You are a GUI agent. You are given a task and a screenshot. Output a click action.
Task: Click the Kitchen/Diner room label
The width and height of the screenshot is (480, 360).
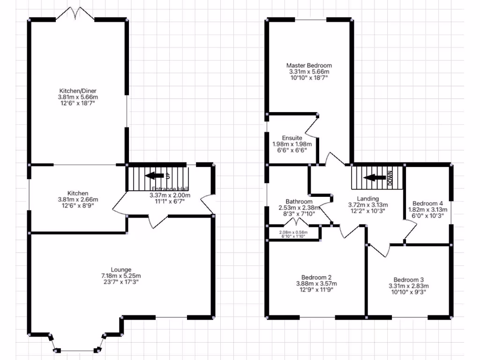coord(78,90)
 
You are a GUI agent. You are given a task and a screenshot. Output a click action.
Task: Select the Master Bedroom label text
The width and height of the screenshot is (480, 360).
coord(309,66)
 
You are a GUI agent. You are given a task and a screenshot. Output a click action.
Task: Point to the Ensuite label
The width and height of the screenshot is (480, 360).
coord(292,138)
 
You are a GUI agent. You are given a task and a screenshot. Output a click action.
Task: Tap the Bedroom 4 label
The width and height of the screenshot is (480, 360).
coord(428,203)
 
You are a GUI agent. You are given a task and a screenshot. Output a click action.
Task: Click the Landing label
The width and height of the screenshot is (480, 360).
coord(367,198)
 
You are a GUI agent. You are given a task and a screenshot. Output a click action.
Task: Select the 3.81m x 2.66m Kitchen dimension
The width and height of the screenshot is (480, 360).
coord(78,200)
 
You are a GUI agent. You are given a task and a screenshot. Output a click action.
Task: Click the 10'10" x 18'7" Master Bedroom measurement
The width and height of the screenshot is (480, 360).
coord(309,78)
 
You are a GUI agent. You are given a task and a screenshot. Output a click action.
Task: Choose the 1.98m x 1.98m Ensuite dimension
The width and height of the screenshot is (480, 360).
coord(292,144)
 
